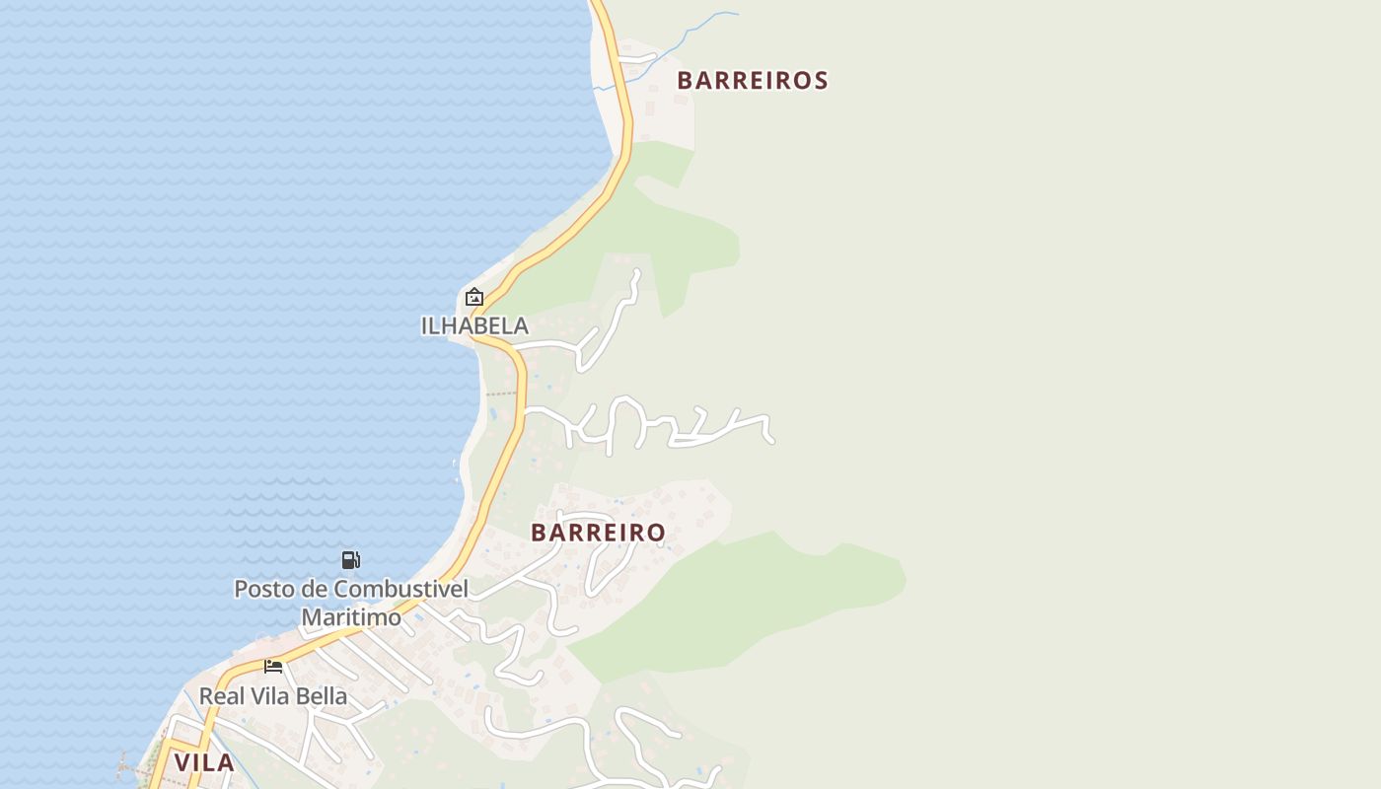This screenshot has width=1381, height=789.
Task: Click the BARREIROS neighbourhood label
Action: (x=752, y=81)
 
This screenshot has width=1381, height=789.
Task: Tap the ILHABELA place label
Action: (x=474, y=325)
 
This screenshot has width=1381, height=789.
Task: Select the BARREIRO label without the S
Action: (x=598, y=533)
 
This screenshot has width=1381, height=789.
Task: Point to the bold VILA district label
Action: (x=204, y=762)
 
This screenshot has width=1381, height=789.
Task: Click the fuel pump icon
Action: (x=350, y=560)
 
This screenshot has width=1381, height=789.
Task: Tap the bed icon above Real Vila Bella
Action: (x=273, y=667)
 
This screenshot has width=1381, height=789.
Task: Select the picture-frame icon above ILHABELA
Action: (x=474, y=297)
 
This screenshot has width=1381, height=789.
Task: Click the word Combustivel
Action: (x=400, y=589)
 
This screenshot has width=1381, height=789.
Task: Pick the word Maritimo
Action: (x=351, y=617)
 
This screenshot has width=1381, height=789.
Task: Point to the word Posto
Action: (x=263, y=589)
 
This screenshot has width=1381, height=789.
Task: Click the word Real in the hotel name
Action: (x=221, y=696)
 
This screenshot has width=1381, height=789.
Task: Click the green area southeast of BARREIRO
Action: (x=750, y=602)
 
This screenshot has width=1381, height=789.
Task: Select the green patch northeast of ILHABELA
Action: (x=690, y=237)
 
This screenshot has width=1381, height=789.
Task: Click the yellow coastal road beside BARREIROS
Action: (x=623, y=108)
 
